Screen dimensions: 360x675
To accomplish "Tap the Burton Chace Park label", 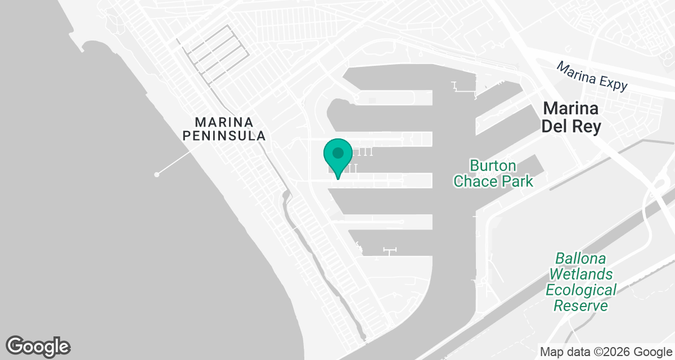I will tap(493, 174).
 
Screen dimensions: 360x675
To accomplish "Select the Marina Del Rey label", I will tap(571, 117).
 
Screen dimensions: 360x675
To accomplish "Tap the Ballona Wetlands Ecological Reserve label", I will tap(581, 282).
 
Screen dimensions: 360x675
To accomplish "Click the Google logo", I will tap(38, 346).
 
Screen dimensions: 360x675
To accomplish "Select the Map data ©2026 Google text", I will tap(605, 352).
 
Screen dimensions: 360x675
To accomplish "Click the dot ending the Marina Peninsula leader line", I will tap(157, 174).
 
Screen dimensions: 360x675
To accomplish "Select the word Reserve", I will tap(581, 306).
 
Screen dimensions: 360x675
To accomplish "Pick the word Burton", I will tap(493, 166).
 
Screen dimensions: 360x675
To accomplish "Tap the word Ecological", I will tap(581, 290).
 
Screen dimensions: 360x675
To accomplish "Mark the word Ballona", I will tap(580, 259).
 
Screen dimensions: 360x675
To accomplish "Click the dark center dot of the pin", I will tap(337, 152).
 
